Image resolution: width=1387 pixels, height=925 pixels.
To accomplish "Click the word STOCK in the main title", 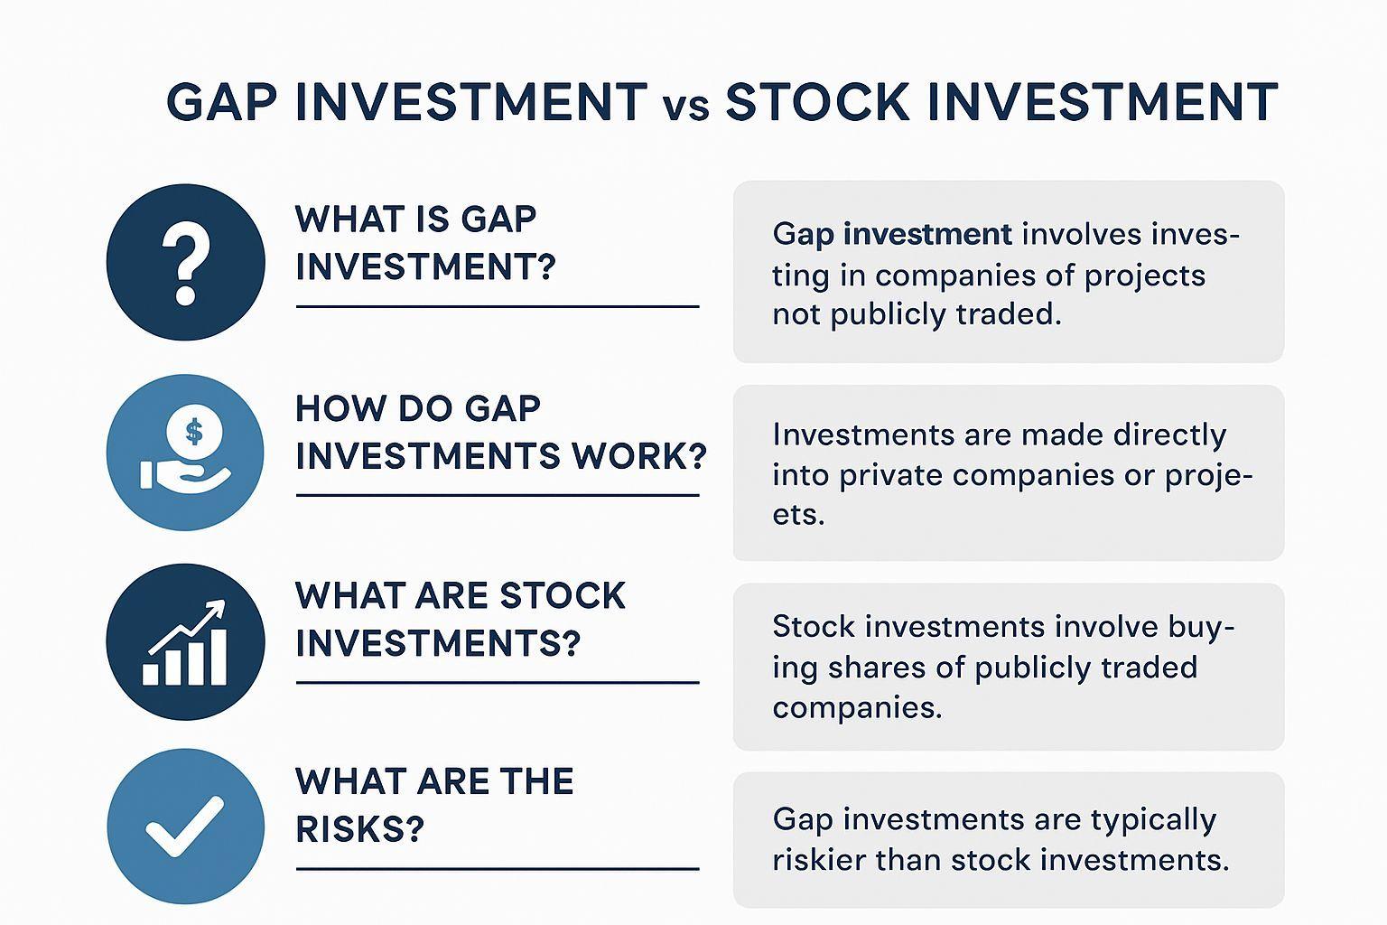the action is tap(817, 101).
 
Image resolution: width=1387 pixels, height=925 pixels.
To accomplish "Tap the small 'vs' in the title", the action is tap(686, 107).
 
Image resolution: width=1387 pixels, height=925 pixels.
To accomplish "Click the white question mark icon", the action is tap(185, 264).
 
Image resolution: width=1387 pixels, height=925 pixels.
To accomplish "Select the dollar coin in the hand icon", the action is tap(194, 431).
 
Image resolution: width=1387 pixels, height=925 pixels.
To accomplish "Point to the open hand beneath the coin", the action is tap(185, 476).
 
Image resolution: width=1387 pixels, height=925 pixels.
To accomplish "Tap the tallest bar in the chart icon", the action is tap(219, 657).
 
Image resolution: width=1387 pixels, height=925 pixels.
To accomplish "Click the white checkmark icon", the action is tap(184, 827).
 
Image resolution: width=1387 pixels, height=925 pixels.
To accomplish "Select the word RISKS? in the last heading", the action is tap(359, 828).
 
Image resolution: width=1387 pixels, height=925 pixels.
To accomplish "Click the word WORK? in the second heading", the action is tap(639, 456).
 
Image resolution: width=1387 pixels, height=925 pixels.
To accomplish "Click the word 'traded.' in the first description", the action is tap(1010, 314).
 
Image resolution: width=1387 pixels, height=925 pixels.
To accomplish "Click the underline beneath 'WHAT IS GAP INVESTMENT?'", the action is tap(498, 307).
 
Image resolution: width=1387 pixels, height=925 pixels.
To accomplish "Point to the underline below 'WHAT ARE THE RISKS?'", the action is tap(498, 869).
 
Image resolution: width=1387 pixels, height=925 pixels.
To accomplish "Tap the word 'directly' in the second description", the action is tap(1169, 435).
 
